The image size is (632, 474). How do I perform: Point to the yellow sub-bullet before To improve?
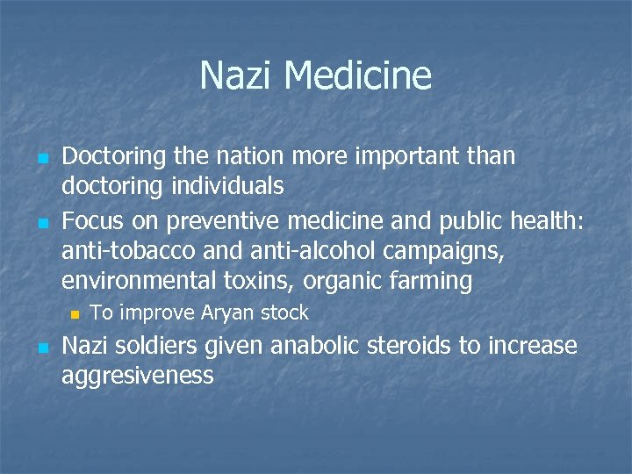tap(75, 313)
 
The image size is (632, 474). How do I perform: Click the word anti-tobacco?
tap(122, 250)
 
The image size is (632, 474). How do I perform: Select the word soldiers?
tap(158, 346)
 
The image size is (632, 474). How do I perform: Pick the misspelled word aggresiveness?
tap(138, 377)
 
